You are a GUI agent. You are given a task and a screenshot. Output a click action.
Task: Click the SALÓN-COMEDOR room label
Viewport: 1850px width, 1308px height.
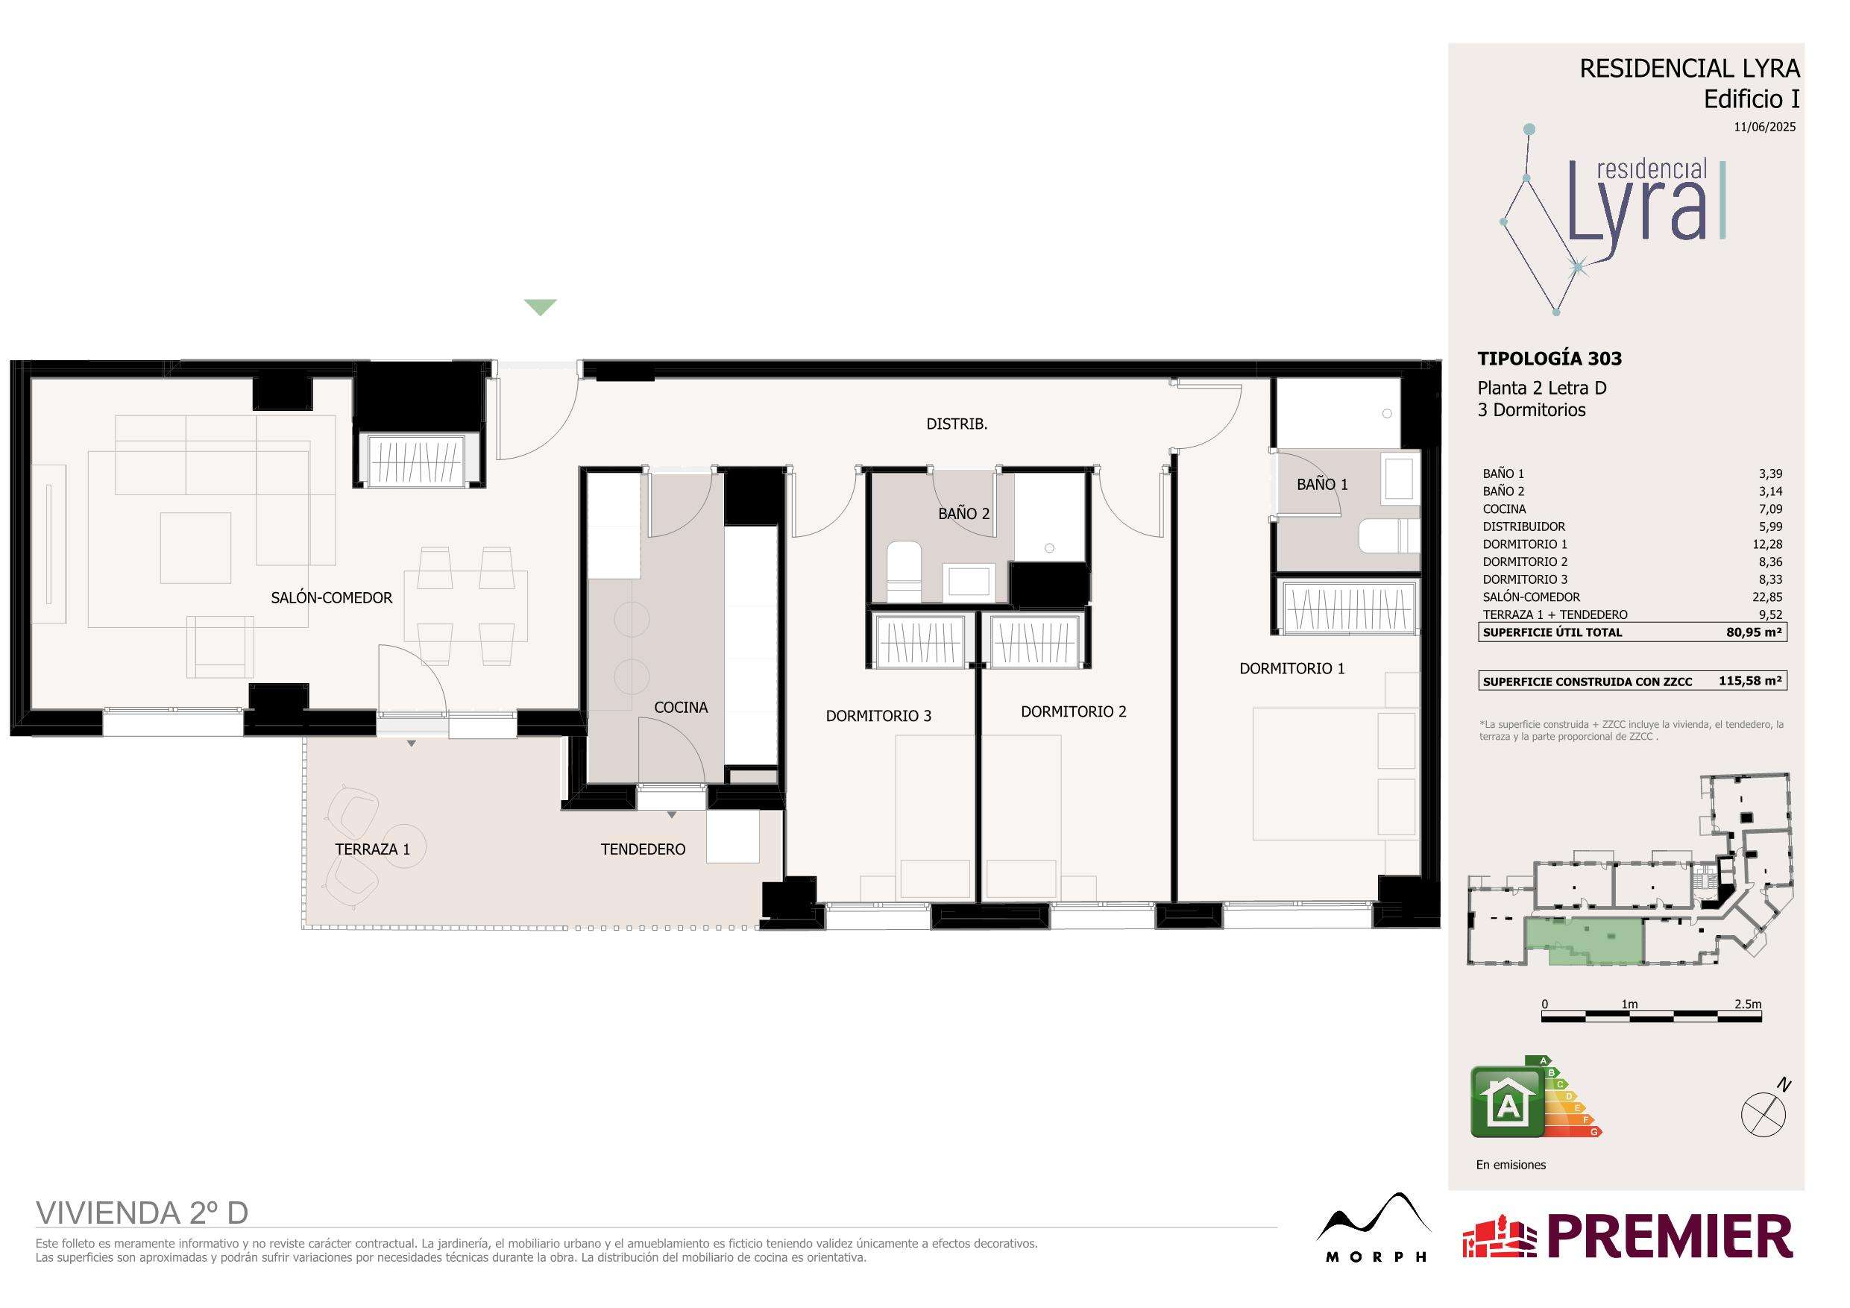331,598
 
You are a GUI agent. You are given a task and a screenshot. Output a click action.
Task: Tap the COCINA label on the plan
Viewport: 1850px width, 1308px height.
681,708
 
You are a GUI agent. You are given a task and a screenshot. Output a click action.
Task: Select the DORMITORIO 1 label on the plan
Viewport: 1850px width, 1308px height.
1291,668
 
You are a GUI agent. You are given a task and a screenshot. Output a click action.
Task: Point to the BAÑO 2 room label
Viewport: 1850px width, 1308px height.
963,513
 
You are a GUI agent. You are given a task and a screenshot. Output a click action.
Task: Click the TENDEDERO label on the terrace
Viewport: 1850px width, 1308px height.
643,849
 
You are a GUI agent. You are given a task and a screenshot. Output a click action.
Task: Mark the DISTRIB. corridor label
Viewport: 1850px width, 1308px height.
957,424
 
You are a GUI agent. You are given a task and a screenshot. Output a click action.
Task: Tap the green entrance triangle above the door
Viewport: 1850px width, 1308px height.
540,307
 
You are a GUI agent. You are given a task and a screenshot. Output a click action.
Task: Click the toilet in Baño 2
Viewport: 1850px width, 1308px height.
903,571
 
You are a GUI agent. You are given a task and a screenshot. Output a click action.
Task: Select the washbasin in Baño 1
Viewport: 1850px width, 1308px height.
1400,481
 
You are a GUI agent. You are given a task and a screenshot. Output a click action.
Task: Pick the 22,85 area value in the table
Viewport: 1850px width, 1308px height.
1767,597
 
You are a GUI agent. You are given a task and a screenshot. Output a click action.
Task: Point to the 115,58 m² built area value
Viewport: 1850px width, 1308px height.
1749,681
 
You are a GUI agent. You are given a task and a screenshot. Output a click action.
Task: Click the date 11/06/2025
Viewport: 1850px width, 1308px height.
1764,127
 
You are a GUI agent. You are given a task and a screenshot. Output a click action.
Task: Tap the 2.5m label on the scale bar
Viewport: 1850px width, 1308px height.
1748,1004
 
